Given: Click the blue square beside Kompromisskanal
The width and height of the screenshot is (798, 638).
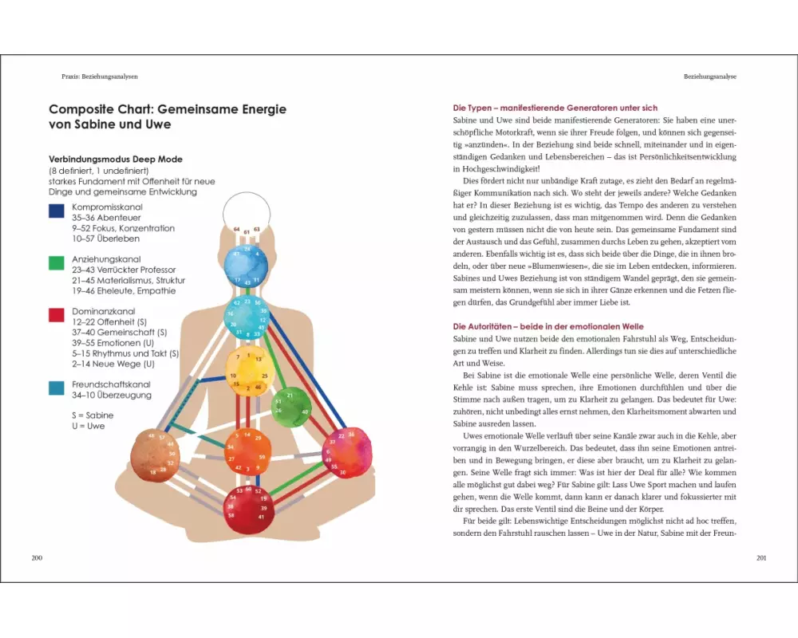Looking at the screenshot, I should coord(57,211).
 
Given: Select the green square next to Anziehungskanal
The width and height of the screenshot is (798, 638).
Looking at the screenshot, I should coord(57,263).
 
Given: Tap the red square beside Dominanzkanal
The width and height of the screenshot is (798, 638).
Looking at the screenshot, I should coord(57,315).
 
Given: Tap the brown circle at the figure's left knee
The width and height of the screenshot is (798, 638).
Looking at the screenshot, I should coord(155,455).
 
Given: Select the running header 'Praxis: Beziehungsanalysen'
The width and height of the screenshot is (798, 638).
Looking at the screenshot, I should coord(100,77).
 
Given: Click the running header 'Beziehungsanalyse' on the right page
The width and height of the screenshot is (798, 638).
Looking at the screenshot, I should coord(709,77).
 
